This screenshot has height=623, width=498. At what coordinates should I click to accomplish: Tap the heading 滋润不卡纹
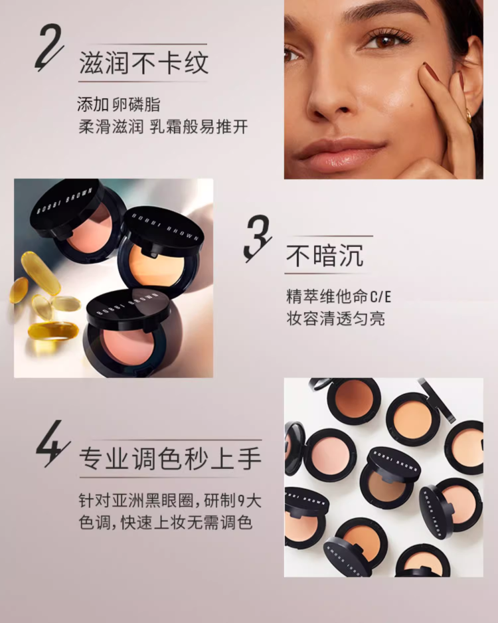click(x=143, y=63)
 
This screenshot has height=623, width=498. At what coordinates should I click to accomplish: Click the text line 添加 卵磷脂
click(x=118, y=105)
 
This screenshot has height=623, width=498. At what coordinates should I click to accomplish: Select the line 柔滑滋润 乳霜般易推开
click(x=163, y=127)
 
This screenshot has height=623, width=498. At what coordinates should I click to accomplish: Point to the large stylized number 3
click(x=258, y=238)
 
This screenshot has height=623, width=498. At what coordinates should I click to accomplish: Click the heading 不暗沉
click(x=325, y=256)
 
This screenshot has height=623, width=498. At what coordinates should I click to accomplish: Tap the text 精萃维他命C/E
click(x=339, y=297)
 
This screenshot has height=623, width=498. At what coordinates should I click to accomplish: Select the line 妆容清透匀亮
click(x=335, y=319)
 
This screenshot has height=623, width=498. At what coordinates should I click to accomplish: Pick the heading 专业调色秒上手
click(x=171, y=458)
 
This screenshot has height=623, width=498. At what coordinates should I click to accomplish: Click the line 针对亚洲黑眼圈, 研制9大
click(x=170, y=501)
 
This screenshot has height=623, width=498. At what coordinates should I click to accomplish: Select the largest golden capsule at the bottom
click(x=53, y=331)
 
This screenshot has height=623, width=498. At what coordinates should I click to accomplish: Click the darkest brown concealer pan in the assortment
click(x=353, y=397)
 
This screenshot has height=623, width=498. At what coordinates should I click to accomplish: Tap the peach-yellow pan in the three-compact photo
click(x=157, y=263)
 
